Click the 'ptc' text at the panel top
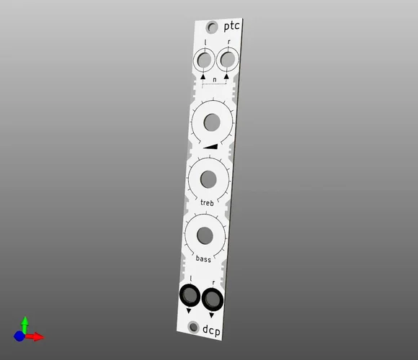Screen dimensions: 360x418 click(232, 27)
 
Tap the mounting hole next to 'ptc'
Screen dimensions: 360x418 click(212, 28)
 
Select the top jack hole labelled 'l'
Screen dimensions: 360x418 click(205, 59)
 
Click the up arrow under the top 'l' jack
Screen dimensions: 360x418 click(204, 77)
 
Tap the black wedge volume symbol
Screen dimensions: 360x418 click(210, 146)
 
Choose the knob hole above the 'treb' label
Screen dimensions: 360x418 click(208, 179)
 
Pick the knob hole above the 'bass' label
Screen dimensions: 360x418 click(204, 235)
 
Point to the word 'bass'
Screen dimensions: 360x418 click(203, 258)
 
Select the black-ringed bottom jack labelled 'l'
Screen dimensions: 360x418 click(190, 294)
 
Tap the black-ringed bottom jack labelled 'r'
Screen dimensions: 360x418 click(213, 297)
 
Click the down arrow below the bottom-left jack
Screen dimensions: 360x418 click(189, 311)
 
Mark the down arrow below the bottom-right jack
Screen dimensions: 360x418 click(212, 315)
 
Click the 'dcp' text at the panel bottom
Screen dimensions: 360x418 click(212, 331)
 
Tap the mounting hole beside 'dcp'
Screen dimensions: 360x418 click(192, 328)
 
